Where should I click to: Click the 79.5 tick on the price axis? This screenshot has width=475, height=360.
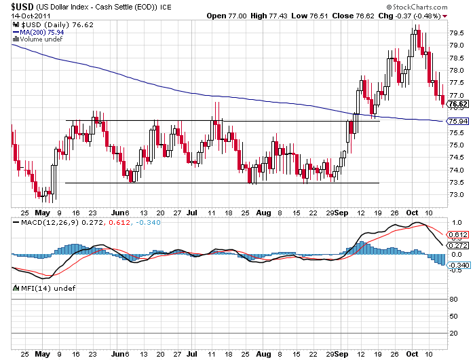pos(457,33)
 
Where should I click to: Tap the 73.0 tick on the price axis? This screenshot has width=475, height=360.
pos(457,195)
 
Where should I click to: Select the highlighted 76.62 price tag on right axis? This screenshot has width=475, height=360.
pos(459,104)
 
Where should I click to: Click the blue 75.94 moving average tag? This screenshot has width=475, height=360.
pos(459,121)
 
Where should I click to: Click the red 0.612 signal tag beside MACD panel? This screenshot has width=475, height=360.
pos(459,234)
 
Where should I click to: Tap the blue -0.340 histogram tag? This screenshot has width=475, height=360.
pos(459,266)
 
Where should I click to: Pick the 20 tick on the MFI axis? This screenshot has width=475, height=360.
pos(453,333)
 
